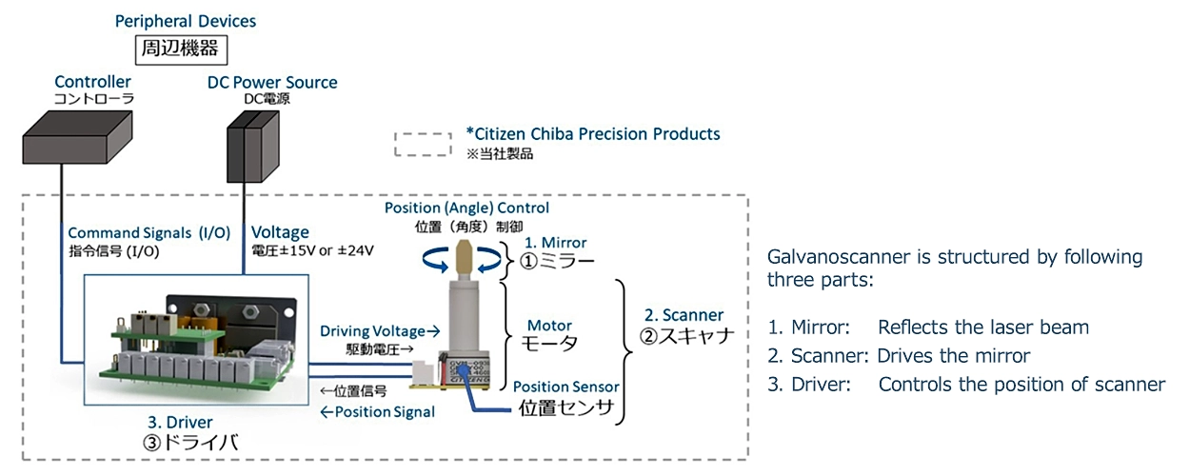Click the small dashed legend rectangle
tap(423, 143)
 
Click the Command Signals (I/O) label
tap(149, 232)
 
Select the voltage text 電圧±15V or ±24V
tap(311, 250)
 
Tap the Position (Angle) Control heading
tap(466, 208)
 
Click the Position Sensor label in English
tap(566, 387)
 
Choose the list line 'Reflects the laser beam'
tap(983, 327)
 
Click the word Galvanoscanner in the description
tap(824, 258)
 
